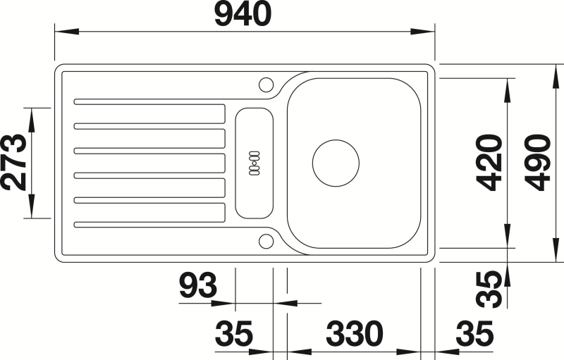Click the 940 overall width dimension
243,14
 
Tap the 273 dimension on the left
14,163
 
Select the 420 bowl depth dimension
489,163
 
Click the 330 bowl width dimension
355,333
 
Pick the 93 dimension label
198,285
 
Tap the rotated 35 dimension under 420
489,290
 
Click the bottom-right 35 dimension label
474,333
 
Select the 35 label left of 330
234,333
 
